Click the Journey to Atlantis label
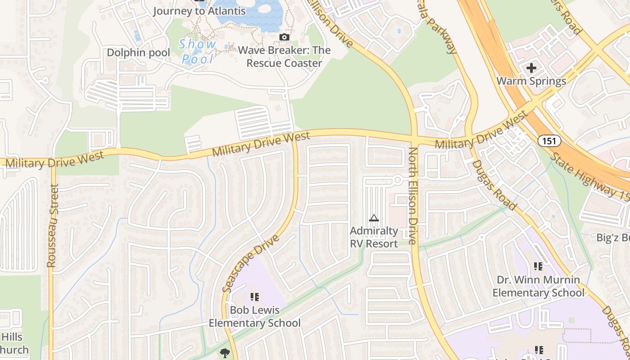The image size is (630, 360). (x=199, y=11)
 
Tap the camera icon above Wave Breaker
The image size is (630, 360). (x=284, y=37)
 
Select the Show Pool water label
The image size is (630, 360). (x=198, y=51)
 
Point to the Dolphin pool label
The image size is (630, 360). (x=138, y=53)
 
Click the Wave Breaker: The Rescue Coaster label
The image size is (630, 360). (x=284, y=57)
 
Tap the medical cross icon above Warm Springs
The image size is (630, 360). (x=531, y=68)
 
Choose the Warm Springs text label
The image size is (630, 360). (x=531, y=81)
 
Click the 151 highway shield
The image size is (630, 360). (x=549, y=141)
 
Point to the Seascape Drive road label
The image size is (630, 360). (x=250, y=263)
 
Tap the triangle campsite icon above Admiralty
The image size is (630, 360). (x=373, y=218)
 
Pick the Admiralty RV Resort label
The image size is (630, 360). (x=374, y=237)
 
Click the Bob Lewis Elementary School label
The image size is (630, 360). (x=255, y=316)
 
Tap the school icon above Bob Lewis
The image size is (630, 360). (x=255, y=297)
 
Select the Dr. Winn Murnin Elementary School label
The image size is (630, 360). (x=538, y=286)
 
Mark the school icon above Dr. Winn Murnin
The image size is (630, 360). (x=538, y=266)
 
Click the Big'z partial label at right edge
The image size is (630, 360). (x=613, y=238)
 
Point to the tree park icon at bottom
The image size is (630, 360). (x=225, y=353)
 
